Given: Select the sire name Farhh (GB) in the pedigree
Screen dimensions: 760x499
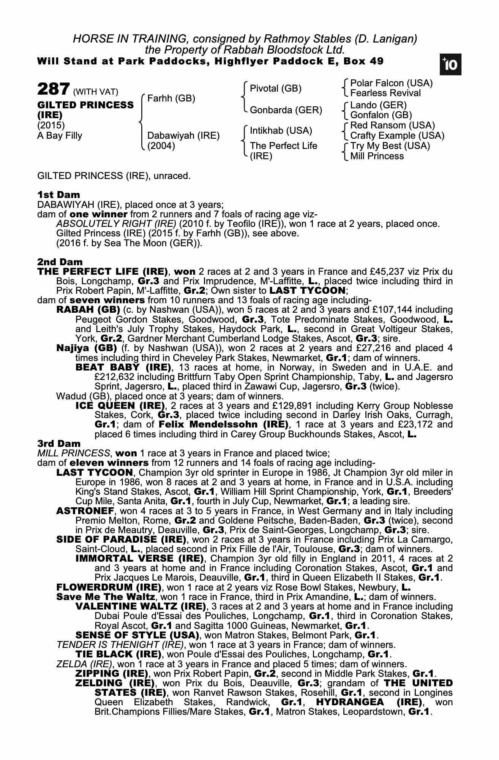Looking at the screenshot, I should [x=171, y=99].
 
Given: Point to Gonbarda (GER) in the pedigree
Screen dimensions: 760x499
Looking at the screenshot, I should [x=286, y=110].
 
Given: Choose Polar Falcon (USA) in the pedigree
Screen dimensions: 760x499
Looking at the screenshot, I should [x=391, y=83].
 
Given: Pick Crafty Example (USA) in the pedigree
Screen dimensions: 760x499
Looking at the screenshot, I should [x=397, y=136].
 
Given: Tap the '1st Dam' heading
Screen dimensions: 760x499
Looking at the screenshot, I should [x=58, y=195].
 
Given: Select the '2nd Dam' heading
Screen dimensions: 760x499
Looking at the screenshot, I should [x=60, y=262].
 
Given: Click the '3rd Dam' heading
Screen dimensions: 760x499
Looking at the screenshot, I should [x=59, y=443].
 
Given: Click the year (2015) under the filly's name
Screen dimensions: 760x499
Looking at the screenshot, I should [x=51, y=125].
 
